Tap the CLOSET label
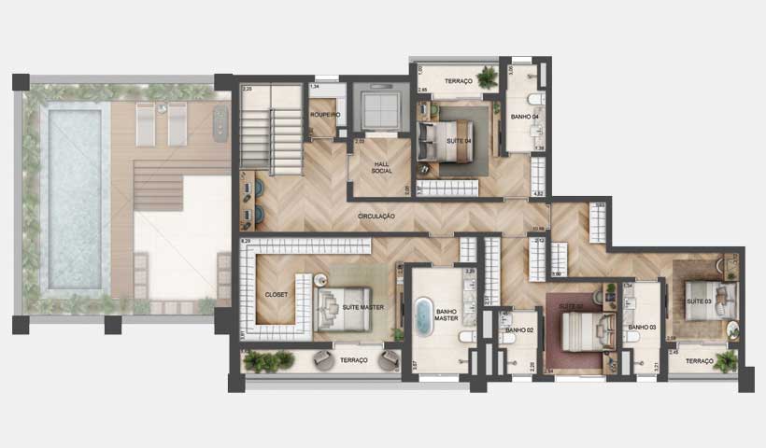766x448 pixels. (276, 294)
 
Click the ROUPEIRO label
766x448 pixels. (324, 115)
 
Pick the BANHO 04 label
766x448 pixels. (525, 117)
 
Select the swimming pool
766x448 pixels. (74, 199)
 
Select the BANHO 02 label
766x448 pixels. (519, 329)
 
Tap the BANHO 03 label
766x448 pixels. (642, 328)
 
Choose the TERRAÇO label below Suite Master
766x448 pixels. (354, 360)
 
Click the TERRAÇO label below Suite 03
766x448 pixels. (698, 361)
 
